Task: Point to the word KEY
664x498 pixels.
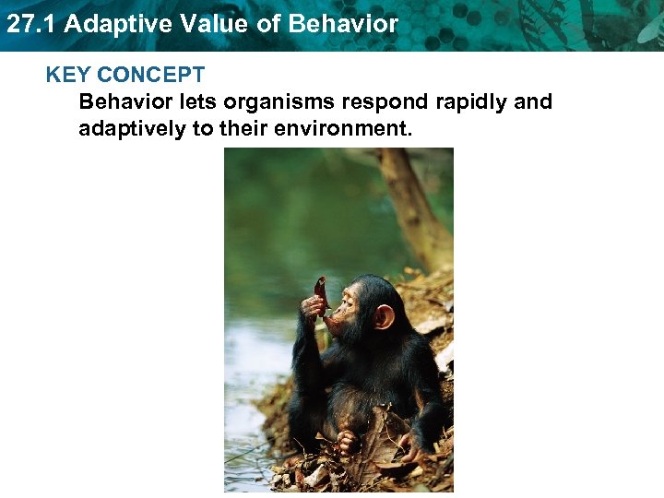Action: click(x=67, y=76)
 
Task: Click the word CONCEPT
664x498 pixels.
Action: click(x=150, y=76)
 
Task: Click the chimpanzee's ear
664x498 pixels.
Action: click(x=383, y=316)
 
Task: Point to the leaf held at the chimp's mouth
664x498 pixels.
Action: click(x=320, y=293)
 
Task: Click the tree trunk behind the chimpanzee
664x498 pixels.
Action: click(x=411, y=203)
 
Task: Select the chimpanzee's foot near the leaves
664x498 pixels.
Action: click(x=348, y=443)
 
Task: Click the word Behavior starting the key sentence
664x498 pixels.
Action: click(x=121, y=102)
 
